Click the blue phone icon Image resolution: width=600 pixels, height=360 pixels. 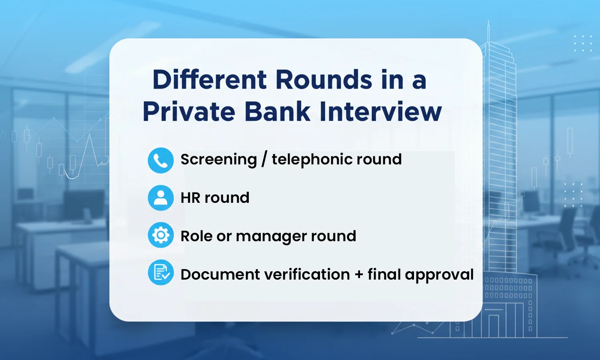(x=161, y=160)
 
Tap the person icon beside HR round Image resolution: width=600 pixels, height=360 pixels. (x=161, y=198)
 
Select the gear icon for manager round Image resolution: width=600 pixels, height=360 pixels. (x=161, y=235)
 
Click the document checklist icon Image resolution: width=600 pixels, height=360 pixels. (x=161, y=273)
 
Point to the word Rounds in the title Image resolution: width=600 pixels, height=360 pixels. (x=324, y=80)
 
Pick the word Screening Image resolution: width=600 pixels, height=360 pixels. (x=219, y=160)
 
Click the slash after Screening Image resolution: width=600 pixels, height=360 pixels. (x=264, y=160)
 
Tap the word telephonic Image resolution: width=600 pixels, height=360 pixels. (x=312, y=160)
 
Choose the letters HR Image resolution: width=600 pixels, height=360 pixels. (x=190, y=198)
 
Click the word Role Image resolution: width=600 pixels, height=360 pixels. (x=196, y=236)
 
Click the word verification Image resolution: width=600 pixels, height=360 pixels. (x=307, y=275)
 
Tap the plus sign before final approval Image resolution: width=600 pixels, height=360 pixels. (x=359, y=275)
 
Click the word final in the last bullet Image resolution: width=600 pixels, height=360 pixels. (x=384, y=274)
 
